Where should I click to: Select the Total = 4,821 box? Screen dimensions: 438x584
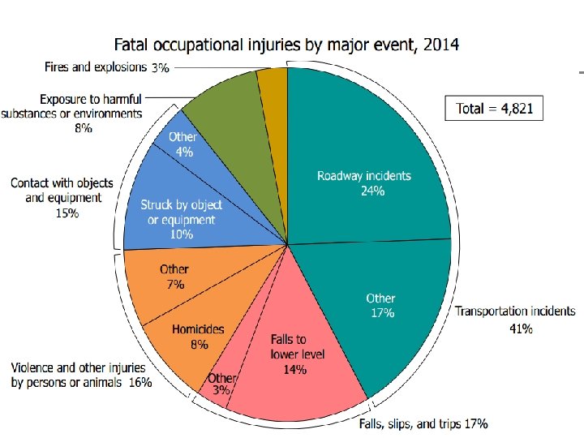click(494, 108)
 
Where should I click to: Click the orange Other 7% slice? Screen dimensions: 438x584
click(170, 280)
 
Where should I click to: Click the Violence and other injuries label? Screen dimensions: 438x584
click(81, 375)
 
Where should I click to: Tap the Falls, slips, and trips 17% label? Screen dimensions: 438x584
click(423, 423)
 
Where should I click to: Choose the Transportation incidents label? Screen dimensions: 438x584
click(515, 311)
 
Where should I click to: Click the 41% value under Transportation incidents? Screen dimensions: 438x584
click(521, 328)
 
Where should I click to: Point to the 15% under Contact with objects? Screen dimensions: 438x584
click(67, 213)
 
